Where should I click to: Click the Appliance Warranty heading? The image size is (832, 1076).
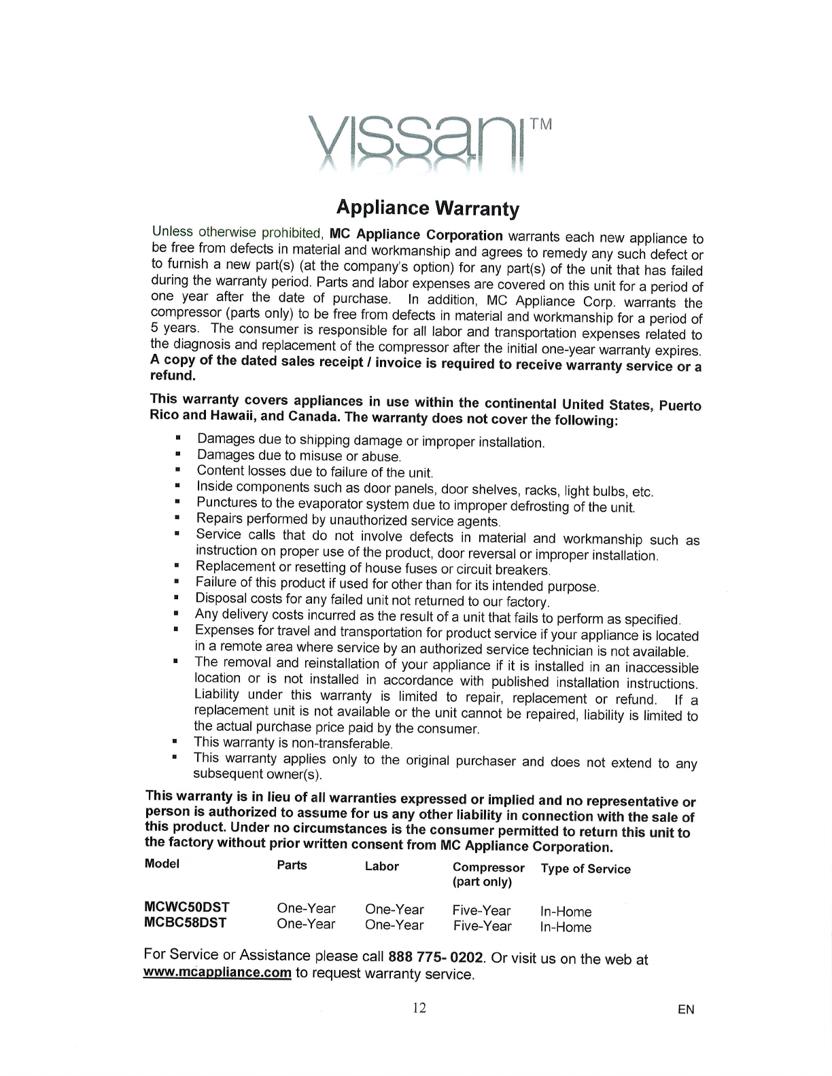[x=428, y=207]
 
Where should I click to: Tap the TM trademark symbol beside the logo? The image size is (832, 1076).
[x=541, y=125]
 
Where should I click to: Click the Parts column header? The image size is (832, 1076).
[x=292, y=865]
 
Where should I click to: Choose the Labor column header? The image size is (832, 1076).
[x=382, y=866]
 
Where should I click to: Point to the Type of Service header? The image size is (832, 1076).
[x=585, y=869]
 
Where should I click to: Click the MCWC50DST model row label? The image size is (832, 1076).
[x=187, y=907]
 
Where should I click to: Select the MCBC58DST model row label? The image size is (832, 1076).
[x=186, y=922]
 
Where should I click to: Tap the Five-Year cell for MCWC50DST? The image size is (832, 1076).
[x=482, y=910]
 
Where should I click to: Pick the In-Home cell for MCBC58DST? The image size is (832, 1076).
[x=566, y=927]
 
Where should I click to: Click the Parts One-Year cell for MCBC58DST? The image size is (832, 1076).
[x=306, y=924]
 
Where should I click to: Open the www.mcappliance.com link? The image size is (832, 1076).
[x=218, y=973]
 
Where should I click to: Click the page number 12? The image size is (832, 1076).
[x=419, y=1007]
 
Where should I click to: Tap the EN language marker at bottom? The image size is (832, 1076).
[x=686, y=1009]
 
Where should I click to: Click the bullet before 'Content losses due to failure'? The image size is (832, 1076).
[x=177, y=469]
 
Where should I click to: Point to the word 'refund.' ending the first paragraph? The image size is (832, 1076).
[x=167, y=376]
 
